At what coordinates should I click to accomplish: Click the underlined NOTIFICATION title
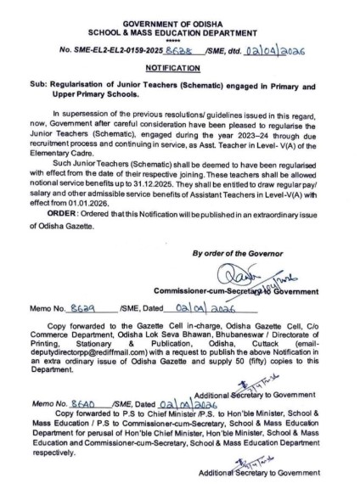(x=180, y=65)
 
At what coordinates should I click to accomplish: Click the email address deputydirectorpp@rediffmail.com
(x=102, y=346)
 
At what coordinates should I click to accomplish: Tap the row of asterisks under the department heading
(x=180, y=36)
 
